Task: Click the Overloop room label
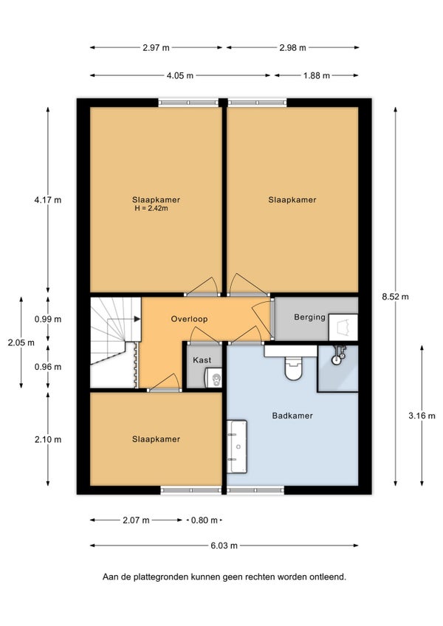tap(189, 319)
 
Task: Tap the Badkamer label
tap(292, 416)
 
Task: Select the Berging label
tap(309, 317)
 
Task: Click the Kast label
tap(202, 360)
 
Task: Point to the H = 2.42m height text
tap(151, 208)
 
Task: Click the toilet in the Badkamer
tap(294, 368)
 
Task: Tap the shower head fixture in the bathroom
tap(339, 355)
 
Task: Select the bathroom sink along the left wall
tap(237, 447)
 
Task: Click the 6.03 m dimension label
tap(224, 546)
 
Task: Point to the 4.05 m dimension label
tap(180, 75)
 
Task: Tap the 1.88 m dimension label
tap(316, 75)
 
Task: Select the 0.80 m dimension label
tap(204, 520)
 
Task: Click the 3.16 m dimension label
tap(422, 416)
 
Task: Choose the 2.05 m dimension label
tap(21, 343)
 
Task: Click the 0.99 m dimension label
tap(48, 319)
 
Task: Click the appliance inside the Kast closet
tap(213, 378)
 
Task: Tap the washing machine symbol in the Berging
tap(343, 327)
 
